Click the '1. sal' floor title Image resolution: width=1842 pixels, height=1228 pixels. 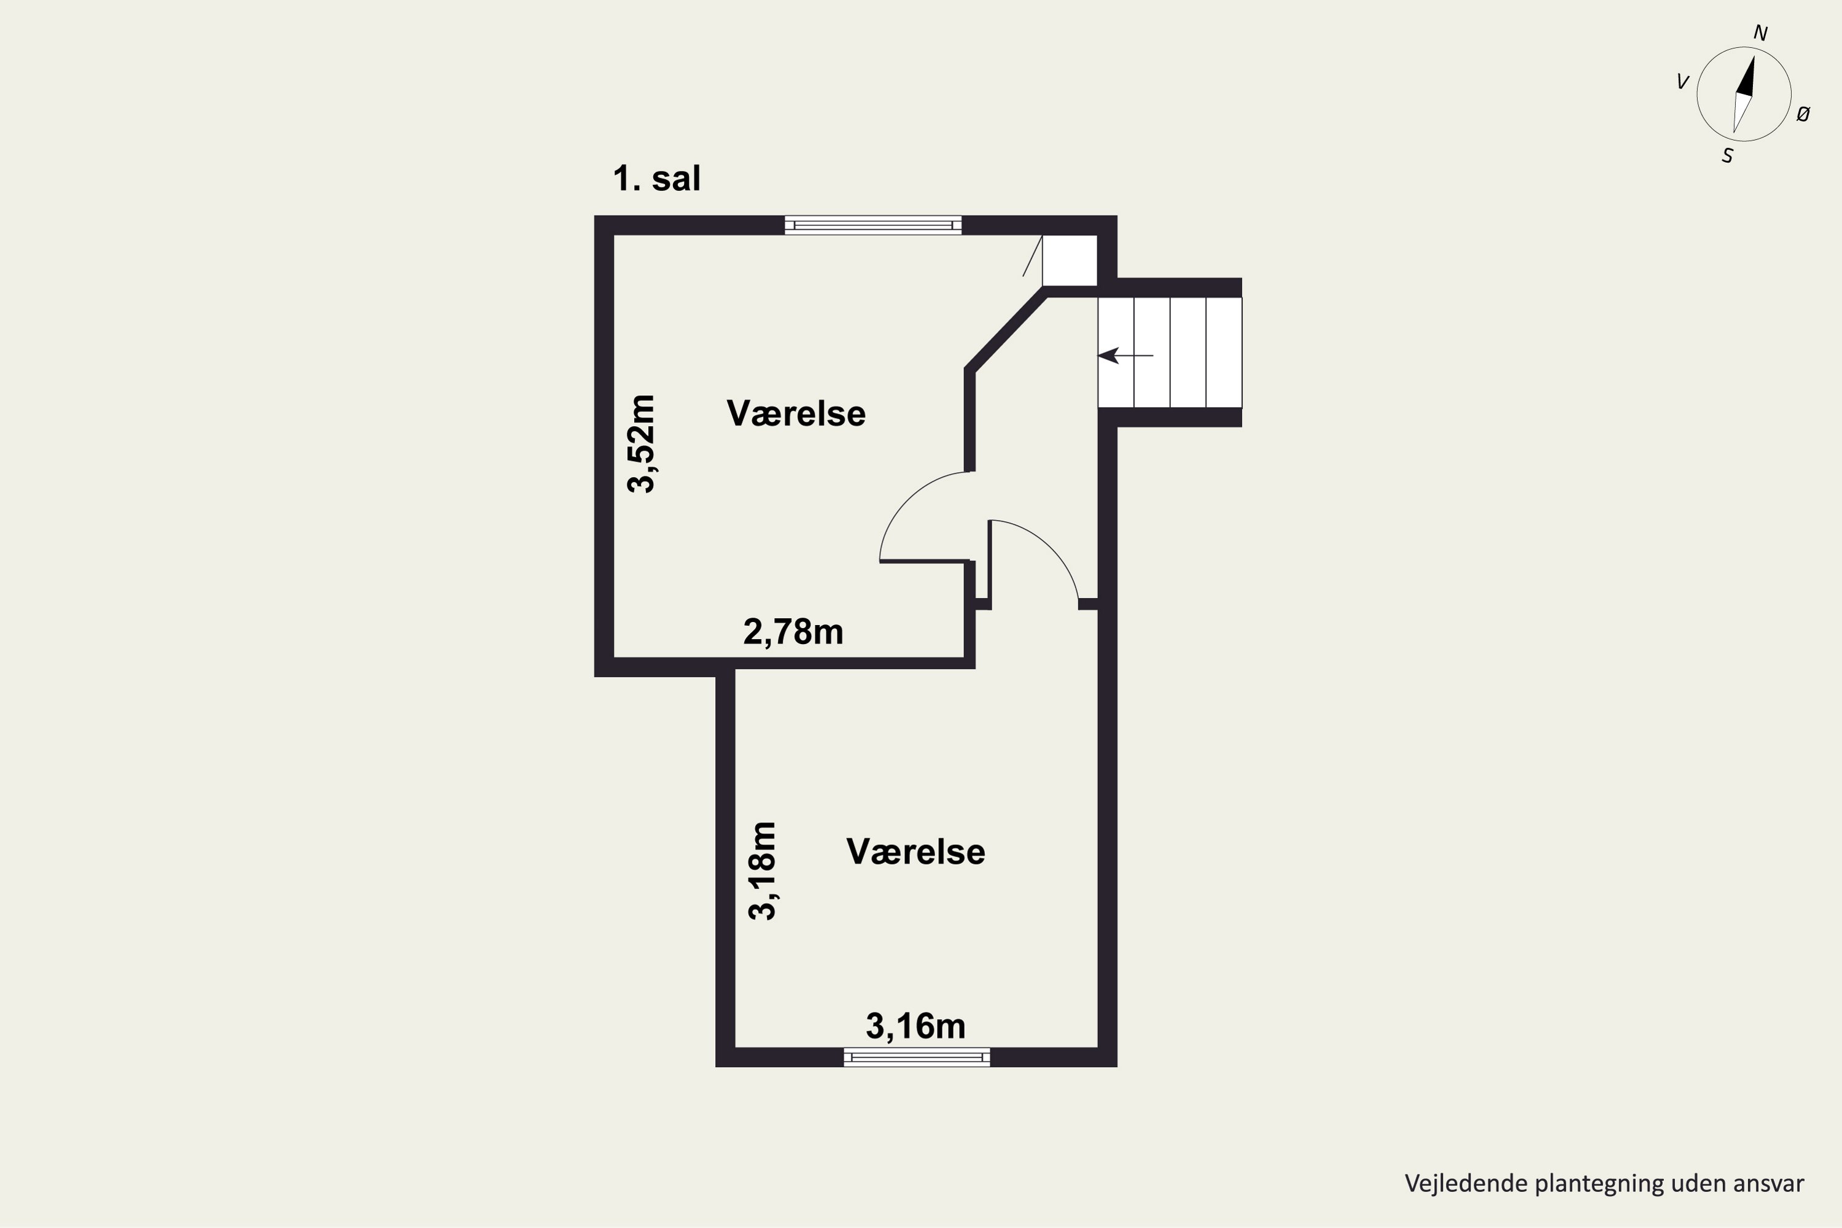656,179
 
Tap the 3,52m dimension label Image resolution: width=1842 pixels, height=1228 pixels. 642,443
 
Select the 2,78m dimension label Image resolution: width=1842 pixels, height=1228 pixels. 793,632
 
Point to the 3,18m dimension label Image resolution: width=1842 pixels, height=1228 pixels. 762,871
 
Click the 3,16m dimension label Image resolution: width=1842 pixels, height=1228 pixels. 915,1026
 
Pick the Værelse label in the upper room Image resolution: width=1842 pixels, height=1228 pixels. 796,413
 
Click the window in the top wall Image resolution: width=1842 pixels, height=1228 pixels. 873,225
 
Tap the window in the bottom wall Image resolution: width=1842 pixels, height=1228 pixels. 916,1057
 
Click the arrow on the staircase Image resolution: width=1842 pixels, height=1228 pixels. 1125,356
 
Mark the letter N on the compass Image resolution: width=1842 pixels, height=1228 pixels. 1760,33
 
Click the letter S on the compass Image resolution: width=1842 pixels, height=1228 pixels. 1727,157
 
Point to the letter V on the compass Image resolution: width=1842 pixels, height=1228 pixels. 1682,82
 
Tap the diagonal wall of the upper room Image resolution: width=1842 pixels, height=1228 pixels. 1006,329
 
